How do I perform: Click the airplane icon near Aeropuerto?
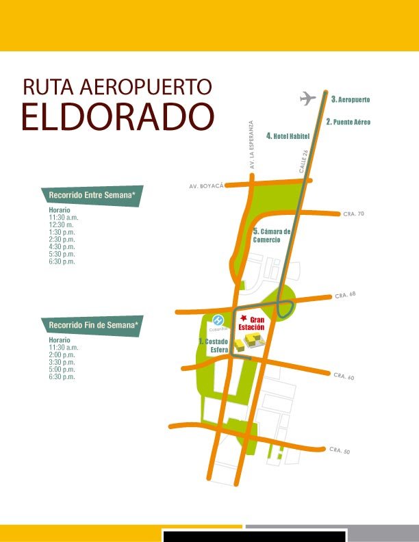pos(308,99)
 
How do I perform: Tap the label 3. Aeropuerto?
pos(351,100)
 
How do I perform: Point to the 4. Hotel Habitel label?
pos(288,136)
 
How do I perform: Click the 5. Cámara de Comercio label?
pos(272,235)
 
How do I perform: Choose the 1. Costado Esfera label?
pos(214,346)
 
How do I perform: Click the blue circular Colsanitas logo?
pos(218,320)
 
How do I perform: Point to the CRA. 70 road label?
pos(353,214)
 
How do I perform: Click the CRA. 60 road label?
pos(344,376)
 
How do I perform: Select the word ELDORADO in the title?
pos(117,116)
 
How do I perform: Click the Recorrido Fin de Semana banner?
pos(92,324)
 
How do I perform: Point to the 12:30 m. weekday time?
pos(61,224)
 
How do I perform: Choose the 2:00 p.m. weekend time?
pos(62,355)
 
